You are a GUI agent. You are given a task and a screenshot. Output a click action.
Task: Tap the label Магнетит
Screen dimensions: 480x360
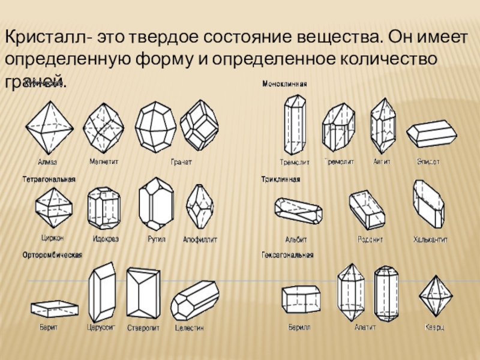104,161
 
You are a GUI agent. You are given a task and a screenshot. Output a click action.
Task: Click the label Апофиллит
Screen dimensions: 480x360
200,239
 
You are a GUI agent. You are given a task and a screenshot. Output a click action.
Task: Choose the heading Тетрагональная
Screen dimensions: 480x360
49,179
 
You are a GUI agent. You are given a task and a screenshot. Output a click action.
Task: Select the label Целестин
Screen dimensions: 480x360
190,328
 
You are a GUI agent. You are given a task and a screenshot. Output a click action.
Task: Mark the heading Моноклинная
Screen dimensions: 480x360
284,85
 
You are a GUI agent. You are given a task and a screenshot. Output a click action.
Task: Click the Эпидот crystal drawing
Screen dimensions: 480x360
431,134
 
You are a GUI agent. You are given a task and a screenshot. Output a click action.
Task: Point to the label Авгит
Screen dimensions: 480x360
382,161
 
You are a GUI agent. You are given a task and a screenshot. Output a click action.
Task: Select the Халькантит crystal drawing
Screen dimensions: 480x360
428,204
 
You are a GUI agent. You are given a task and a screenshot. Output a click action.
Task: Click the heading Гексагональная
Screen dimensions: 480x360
287,255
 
